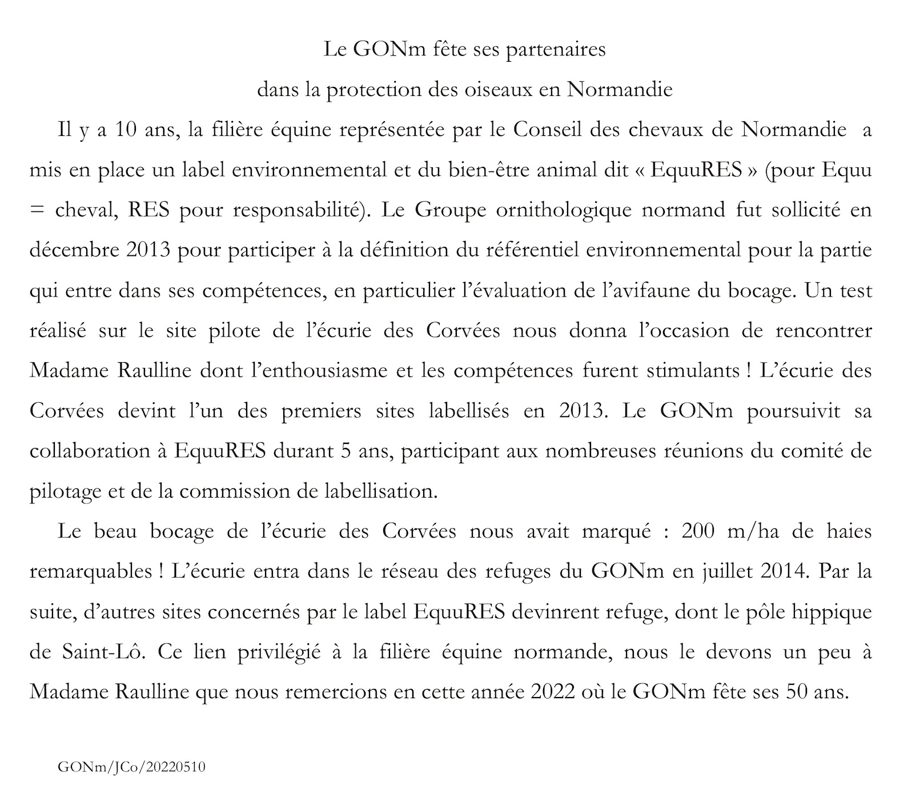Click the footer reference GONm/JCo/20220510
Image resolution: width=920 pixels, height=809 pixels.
click(x=131, y=767)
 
